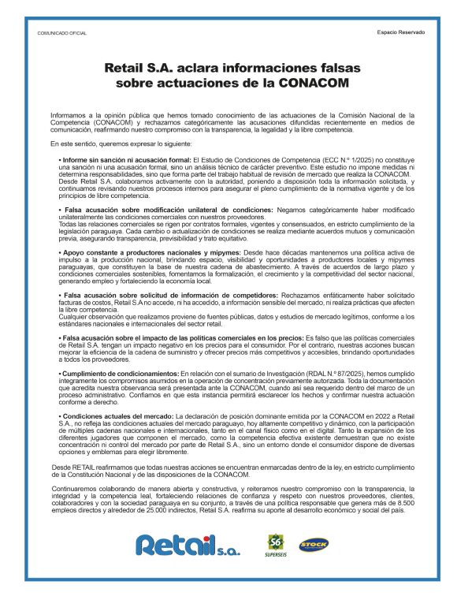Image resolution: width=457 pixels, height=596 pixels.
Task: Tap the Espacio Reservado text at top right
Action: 401,32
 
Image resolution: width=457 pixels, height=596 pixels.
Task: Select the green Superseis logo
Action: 275,545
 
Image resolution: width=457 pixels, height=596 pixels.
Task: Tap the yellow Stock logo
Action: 313,545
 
